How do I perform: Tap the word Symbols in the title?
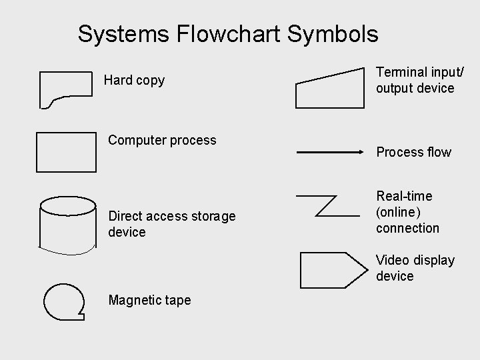tap(336, 33)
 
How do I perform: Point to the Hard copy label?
tap(134, 81)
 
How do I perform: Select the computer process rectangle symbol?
tap(66, 152)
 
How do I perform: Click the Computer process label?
tap(162, 140)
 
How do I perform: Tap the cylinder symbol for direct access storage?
tap(68, 223)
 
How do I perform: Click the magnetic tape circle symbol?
tap(64, 300)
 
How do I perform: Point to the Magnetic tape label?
tap(149, 301)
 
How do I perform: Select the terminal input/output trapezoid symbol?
tap(329, 89)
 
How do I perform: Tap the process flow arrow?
tap(329, 153)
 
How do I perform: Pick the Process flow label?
tap(413, 152)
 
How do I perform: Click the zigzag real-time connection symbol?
tap(327, 205)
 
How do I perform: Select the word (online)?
tap(398, 212)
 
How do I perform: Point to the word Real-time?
tap(404, 196)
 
